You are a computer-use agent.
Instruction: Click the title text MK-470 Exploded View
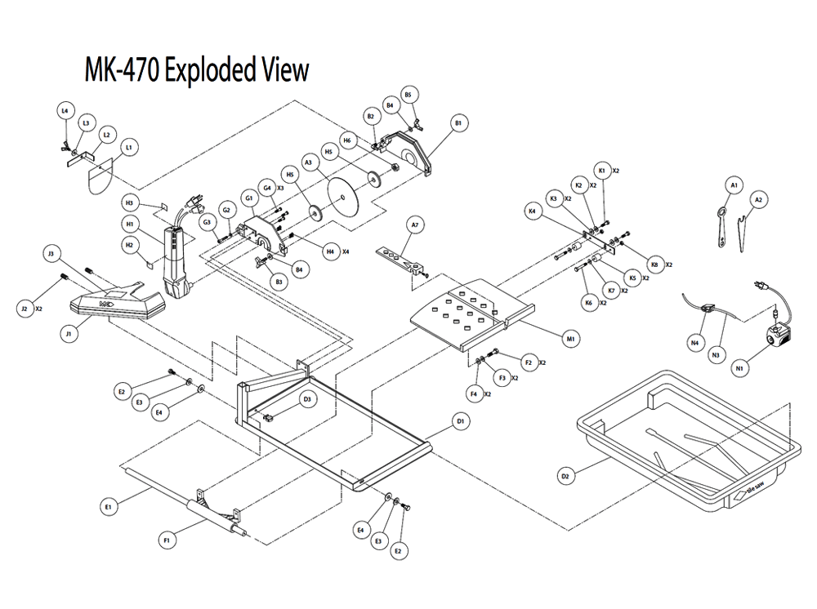(197, 71)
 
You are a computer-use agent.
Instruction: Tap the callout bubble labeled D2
(565, 476)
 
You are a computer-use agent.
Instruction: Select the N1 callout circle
(740, 368)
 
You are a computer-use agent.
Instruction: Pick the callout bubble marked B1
(458, 123)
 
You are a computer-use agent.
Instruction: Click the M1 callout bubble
(571, 337)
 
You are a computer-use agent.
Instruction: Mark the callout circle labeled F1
(167, 540)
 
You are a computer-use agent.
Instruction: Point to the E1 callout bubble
(107, 508)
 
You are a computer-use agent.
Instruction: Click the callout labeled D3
(307, 399)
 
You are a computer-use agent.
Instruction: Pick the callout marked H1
(129, 223)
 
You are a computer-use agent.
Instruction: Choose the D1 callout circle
(461, 421)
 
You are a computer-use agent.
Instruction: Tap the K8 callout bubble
(653, 263)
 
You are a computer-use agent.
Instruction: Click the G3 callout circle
(207, 222)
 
